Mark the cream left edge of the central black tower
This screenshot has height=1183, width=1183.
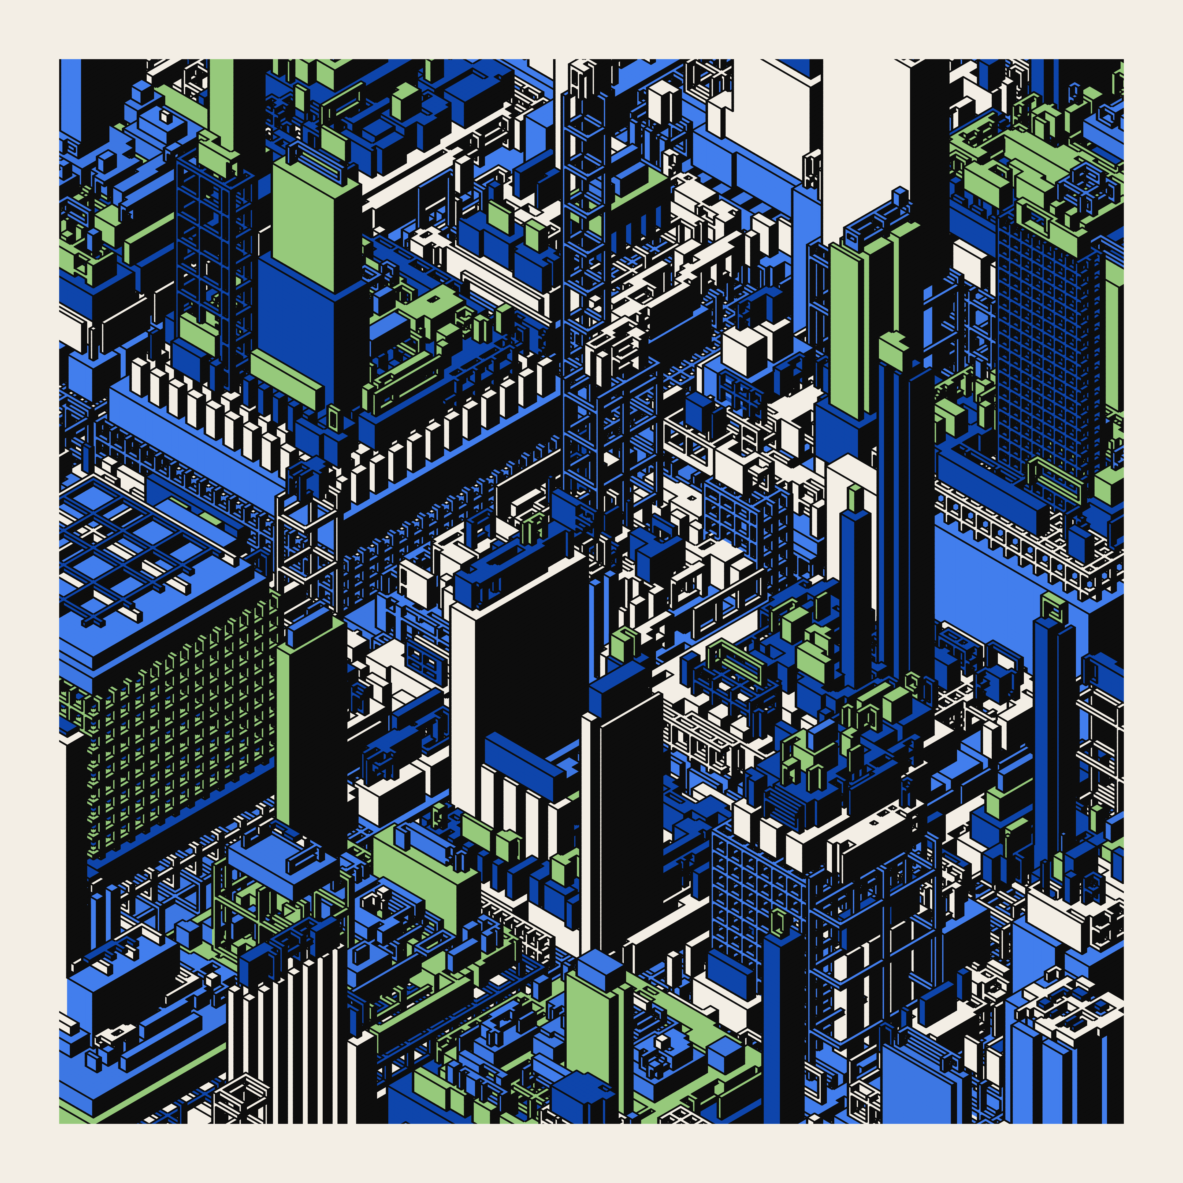click(x=462, y=704)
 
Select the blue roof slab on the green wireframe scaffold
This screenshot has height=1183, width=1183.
click(x=276, y=857)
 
